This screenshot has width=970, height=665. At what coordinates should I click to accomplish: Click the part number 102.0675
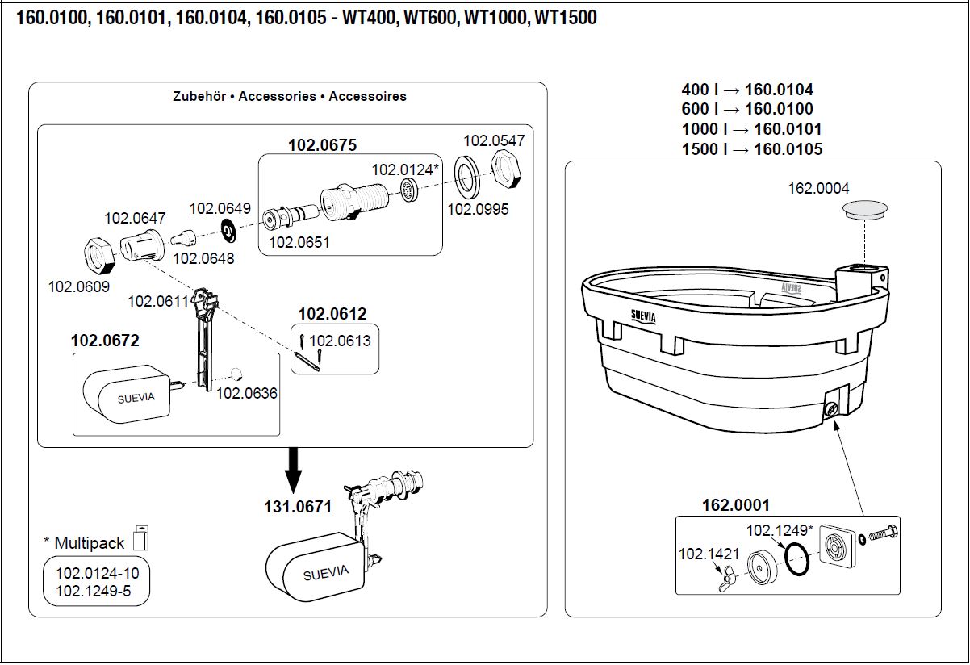[x=322, y=145]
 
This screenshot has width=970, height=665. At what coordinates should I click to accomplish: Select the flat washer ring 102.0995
[x=468, y=177]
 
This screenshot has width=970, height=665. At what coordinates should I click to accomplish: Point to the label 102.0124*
[x=405, y=169]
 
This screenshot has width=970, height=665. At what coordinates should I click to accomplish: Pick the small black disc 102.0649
[x=228, y=231]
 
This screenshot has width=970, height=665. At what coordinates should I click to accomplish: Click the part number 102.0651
[x=299, y=241]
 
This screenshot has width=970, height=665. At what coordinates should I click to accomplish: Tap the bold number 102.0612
[x=332, y=314]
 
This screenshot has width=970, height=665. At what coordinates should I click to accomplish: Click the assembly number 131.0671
[x=298, y=507]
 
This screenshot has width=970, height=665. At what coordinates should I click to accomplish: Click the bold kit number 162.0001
[x=735, y=505]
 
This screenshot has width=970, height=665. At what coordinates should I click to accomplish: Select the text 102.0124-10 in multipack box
[x=97, y=574]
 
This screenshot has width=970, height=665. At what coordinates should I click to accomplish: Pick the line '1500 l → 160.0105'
[x=751, y=148]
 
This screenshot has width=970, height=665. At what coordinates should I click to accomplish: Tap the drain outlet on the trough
[x=830, y=409]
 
